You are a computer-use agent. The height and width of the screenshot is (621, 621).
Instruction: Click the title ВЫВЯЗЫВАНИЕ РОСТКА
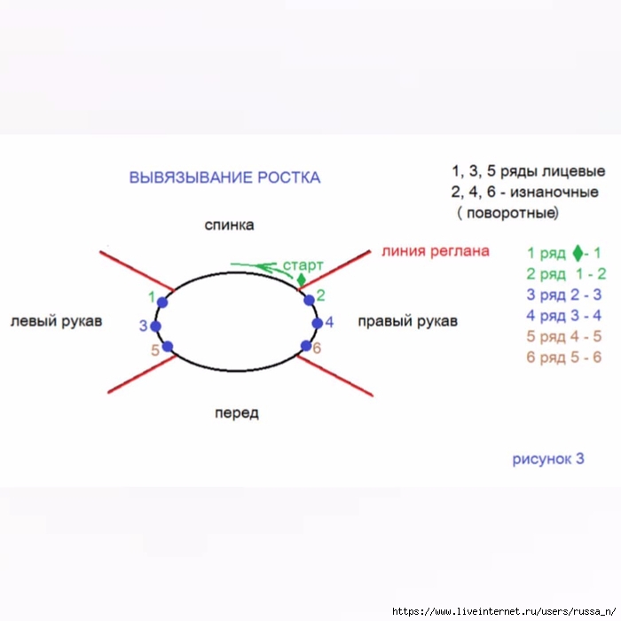pos(224,177)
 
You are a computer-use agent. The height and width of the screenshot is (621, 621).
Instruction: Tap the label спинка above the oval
pos(229,225)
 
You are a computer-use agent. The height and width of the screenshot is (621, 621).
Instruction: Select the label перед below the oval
pos(236,413)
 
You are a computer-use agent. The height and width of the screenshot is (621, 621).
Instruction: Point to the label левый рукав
pos(56,321)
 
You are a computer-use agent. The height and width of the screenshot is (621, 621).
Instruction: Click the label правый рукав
pos(407,321)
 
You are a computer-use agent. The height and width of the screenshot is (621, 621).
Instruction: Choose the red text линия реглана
pos(436,251)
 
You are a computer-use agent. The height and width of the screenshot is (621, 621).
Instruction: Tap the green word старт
pos(303,265)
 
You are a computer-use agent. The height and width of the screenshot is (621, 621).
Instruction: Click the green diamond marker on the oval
pos(301,280)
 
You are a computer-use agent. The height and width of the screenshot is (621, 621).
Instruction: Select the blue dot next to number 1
pos(162,303)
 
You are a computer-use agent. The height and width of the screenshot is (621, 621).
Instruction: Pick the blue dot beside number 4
pos(315,323)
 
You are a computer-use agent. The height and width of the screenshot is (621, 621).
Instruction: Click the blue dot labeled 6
pos(306,346)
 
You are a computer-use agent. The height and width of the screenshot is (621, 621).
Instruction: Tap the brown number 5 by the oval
pos(155,350)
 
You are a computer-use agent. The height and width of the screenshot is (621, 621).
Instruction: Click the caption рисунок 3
pos(548,459)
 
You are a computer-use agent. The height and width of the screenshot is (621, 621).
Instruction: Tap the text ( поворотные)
pos(508,214)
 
